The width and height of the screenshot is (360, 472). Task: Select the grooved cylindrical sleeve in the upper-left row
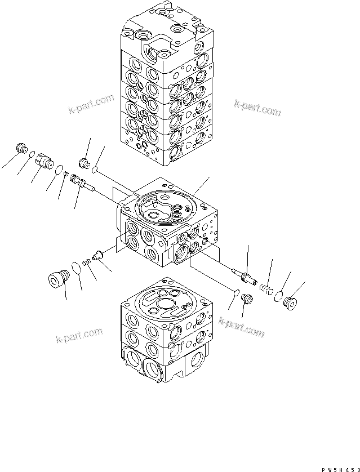point(43,161)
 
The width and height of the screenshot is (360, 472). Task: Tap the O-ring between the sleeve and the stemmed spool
point(58,167)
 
